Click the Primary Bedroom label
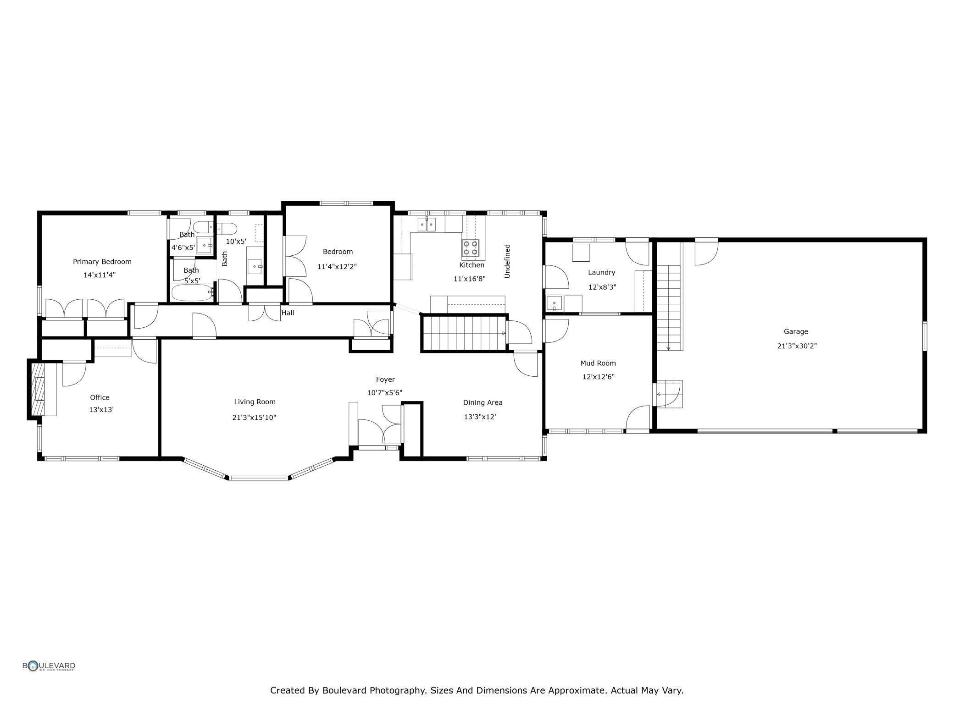pyautogui.click(x=102, y=262)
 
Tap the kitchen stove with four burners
pyautogui.click(x=470, y=247)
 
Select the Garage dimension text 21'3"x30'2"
pyautogui.click(x=797, y=346)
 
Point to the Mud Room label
pyautogui.click(x=598, y=363)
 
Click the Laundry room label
pyautogui.click(x=601, y=272)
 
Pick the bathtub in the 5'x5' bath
pyautogui.click(x=192, y=292)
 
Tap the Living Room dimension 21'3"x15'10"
pyautogui.click(x=254, y=418)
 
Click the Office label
pyautogui.click(x=100, y=397)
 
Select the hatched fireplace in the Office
pyautogui.click(x=38, y=389)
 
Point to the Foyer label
pyautogui.click(x=385, y=379)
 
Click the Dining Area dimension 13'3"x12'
pyautogui.click(x=480, y=417)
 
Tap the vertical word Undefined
pyautogui.click(x=507, y=261)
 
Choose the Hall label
pyautogui.click(x=288, y=313)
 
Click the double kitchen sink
pyautogui.click(x=427, y=225)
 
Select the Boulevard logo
pyautogui.click(x=49, y=666)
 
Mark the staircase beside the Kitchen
pyautogui.click(x=464, y=333)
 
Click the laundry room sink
pyautogui.click(x=555, y=303)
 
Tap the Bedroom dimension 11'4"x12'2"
pyautogui.click(x=337, y=266)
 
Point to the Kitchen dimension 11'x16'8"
pyautogui.click(x=469, y=279)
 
